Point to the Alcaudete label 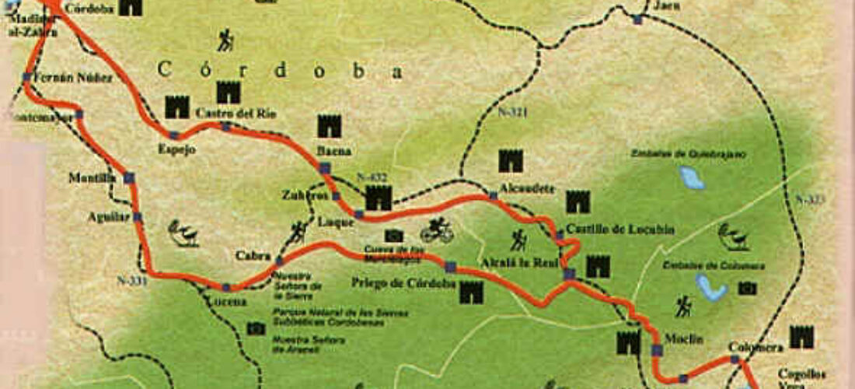pyautogui.click(x=518, y=187)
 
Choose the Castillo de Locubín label pyautogui.click(x=619, y=229)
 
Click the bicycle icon pyautogui.click(x=436, y=231)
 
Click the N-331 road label pyautogui.click(x=131, y=277)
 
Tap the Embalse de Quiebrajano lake pyautogui.click(x=690, y=178)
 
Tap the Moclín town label pyautogui.click(x=683, y=339)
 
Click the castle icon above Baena pyautogui.click(x=329, y=125)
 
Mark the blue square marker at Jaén pyautogui.click(x=637, y=19)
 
